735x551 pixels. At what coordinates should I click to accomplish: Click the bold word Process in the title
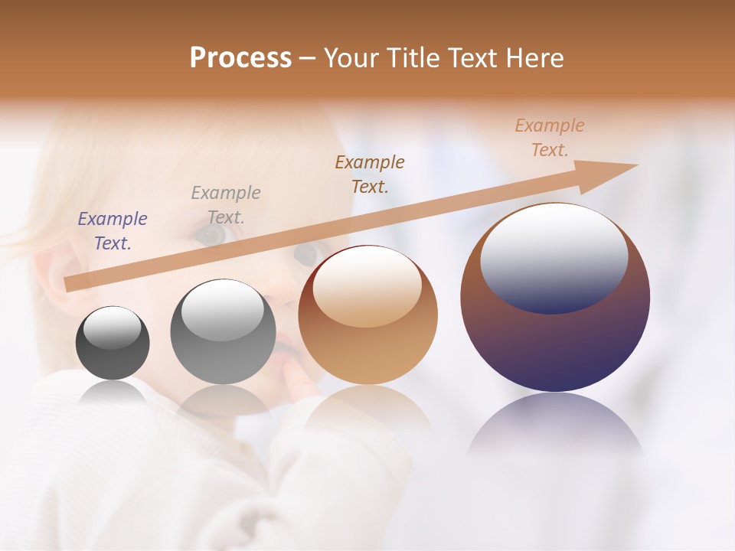240,58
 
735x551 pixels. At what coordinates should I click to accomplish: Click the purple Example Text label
113,231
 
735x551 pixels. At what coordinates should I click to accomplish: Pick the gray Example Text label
226,205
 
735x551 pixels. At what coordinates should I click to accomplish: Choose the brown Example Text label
370,174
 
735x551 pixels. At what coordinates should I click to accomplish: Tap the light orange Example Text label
550,138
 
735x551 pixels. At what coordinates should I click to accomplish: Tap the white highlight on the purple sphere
554,256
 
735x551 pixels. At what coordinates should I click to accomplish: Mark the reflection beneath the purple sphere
555,425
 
